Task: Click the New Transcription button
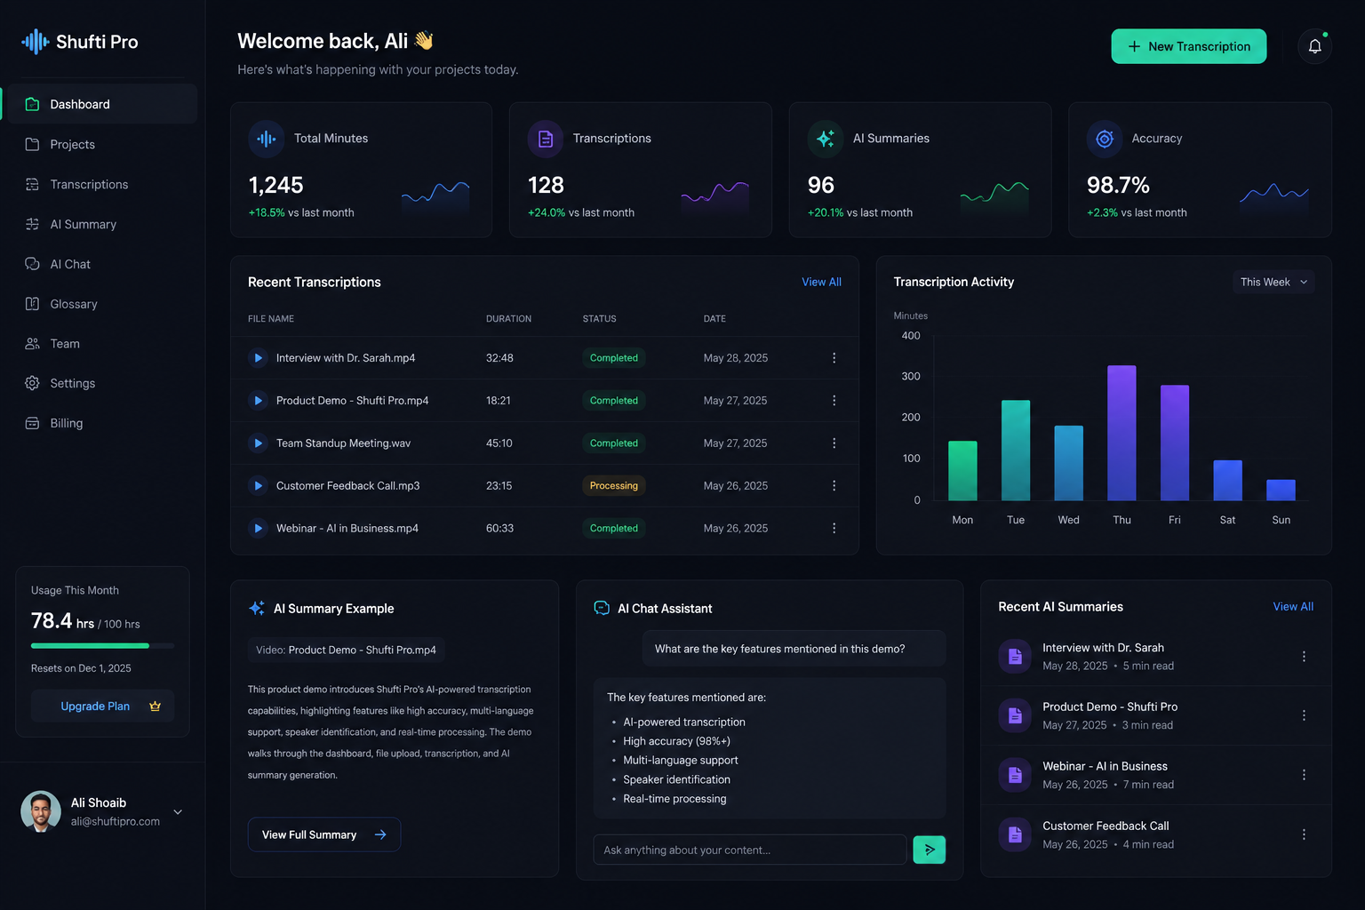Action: pos(1188,46)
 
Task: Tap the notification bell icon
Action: pos(1314,46)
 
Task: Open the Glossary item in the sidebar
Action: pos(73,304)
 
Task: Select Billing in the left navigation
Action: pos(66,423)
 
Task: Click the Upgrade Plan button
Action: pos(102,706)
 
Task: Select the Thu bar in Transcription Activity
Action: pos(1122,433)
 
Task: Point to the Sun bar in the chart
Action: pos(1281,490)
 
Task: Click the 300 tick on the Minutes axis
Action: pos(910,376)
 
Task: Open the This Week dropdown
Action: pos(1273,282)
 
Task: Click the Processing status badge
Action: pos(614,485)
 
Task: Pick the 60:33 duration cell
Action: pos(499,528)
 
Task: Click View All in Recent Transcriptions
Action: pos(821,282)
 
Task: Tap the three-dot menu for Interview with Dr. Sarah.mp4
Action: pos(834,358)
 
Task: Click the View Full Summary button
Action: pos(324,834)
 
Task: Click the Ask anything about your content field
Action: pos(749,850)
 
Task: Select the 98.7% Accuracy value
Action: pos(1118,185)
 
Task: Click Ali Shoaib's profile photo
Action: pos(41,811)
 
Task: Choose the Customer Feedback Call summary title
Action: pos(1106,826)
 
